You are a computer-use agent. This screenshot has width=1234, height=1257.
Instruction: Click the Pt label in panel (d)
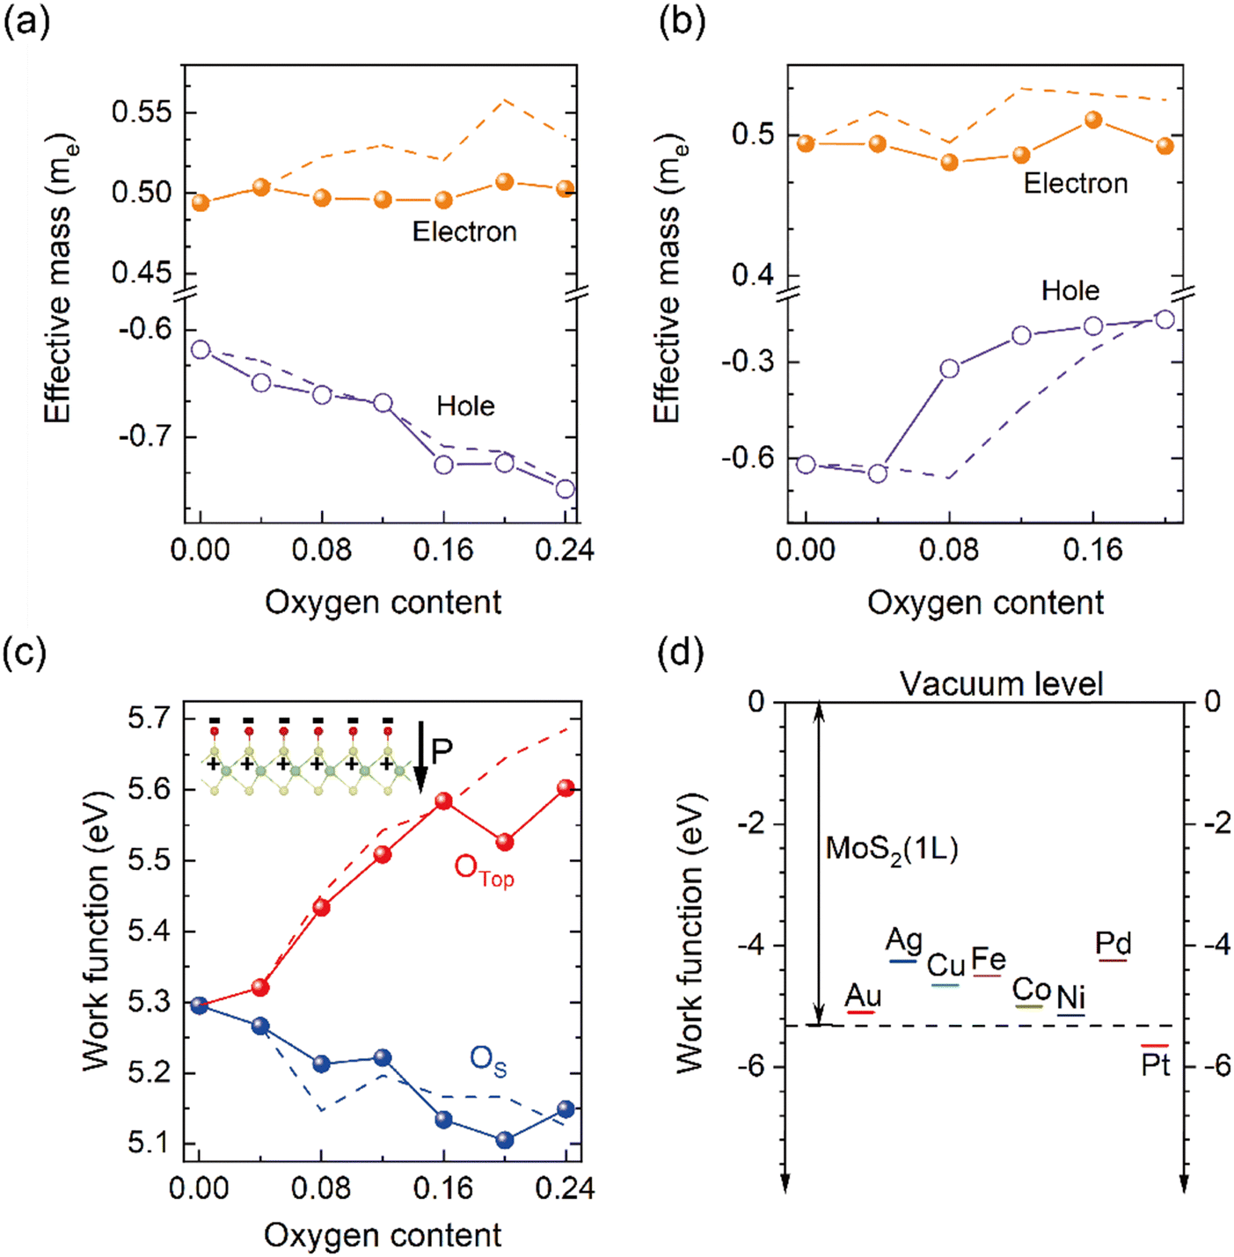(x=1155, y=1066)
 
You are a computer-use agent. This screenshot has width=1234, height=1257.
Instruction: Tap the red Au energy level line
(x=860, y=1012)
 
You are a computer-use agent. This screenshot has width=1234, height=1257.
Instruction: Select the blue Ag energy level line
(x=903, y=961)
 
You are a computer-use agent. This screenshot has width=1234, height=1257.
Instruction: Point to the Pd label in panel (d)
(x=1113, y=943)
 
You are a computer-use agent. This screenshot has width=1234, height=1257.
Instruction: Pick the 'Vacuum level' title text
(x=1002, y=685)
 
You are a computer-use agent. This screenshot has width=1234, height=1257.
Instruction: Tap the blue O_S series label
(x=488, y=1063)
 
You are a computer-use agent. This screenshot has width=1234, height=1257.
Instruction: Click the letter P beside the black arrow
(x=442, y=752)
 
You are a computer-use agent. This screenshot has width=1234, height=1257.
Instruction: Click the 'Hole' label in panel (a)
(x=465, y=406)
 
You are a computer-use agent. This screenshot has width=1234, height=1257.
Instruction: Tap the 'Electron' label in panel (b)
(x=1076, y=184)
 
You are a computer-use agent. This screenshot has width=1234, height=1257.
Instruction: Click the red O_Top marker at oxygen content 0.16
(x=444, y=801)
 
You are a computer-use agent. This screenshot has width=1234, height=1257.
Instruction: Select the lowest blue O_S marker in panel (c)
(x=505, y=1140)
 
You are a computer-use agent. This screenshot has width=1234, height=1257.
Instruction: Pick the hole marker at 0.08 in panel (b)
(x=950, y=369)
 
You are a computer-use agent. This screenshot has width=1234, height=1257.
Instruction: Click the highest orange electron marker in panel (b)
(x=1093, y=120)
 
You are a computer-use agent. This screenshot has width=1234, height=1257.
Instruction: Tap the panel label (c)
(x=25, y=654)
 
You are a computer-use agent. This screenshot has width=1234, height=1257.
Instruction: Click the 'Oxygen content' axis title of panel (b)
(x=985, y=602)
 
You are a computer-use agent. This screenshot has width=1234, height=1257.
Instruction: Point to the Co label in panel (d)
(x=1031, y=990)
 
